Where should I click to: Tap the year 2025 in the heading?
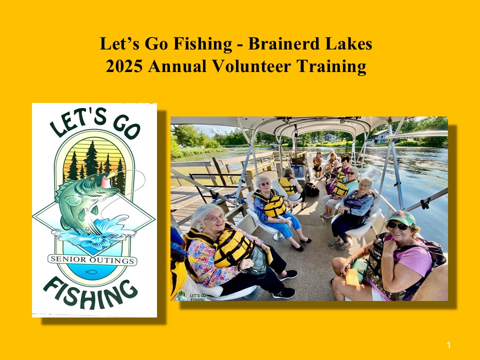tap(124, 66)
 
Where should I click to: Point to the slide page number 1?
tap(448, 345)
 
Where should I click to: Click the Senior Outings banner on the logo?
tap(92, 260)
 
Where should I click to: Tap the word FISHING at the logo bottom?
tap(90, 292)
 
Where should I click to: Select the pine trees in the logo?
tap(95, 164)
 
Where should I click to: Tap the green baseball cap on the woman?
tap(401, 217)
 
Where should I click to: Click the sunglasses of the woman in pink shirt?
tap(397, 226)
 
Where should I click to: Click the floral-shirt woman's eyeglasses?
tap(214, 218)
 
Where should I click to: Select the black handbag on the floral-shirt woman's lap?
tap(258, 260)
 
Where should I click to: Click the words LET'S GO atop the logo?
tap(95, 122)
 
